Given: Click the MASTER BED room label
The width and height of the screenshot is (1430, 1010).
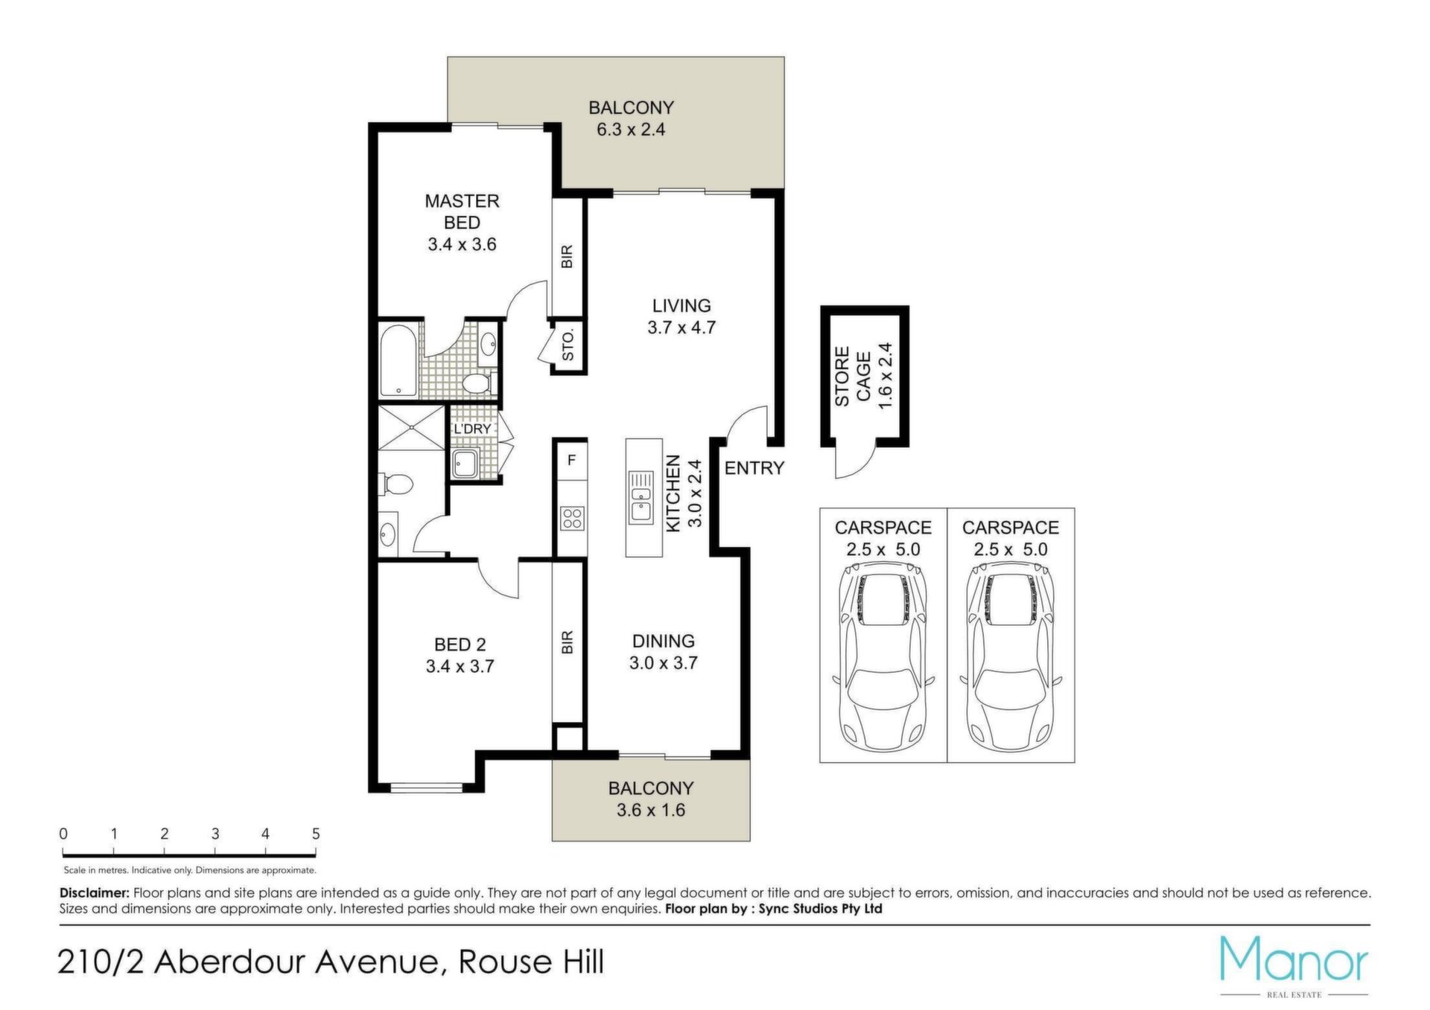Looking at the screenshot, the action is click(462, 211).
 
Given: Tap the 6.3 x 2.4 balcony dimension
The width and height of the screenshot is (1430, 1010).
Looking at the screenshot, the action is click(631, 130).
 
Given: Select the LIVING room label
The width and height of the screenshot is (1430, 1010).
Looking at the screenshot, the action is click(681, 305).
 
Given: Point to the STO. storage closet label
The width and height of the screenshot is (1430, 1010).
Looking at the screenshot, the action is click(568, 346).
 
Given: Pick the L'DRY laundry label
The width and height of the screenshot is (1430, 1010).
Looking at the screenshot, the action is click(472, 429).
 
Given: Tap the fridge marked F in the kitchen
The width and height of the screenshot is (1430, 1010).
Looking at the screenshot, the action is click(571, 460).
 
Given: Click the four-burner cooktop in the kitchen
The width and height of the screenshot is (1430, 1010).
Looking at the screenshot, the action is click(572, 518).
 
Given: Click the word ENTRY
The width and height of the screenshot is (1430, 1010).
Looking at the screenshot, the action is click(754, 468).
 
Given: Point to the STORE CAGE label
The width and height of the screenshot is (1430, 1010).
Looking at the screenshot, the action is click(852, 377).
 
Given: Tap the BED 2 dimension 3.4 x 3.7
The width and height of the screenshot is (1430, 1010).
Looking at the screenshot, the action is click(460, 667).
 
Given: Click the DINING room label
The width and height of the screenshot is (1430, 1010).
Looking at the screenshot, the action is click(664, 641).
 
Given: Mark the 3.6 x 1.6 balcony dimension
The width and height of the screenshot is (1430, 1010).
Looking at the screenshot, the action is click(651, 810).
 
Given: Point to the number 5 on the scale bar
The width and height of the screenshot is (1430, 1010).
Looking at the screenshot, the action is click(316, 834).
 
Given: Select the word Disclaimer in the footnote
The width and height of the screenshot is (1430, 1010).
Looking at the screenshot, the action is click(95, 893).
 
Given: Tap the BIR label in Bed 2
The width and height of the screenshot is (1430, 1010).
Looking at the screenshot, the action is click(568, 642).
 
